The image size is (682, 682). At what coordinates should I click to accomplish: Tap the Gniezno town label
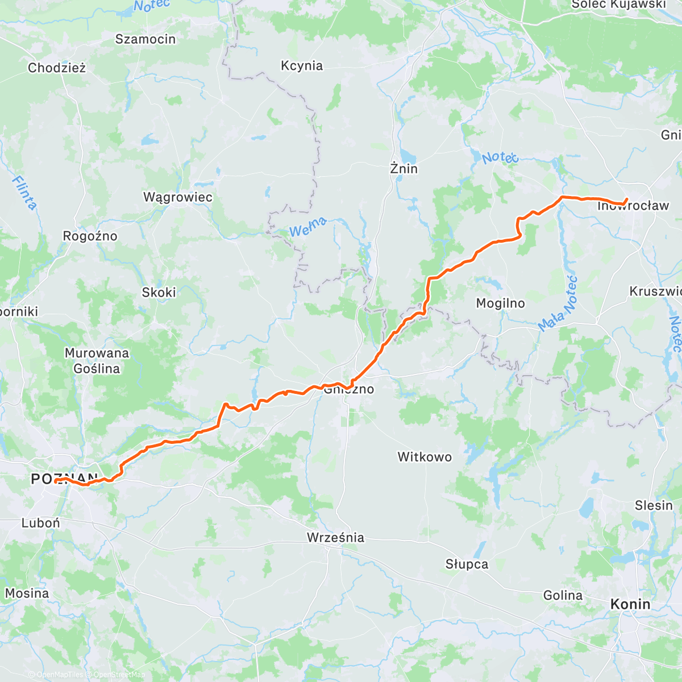pos(348,389)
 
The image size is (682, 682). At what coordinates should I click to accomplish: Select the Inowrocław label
pos(633,206)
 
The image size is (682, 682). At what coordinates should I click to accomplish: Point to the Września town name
pos(335,538)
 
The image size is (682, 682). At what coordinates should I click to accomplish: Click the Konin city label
pos(630,604)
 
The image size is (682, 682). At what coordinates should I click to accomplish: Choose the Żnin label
pos(404,169)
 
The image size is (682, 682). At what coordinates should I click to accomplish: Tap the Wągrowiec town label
pos(178,197)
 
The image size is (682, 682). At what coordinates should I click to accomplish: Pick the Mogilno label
pos(500,303)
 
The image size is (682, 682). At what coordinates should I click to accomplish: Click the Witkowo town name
pos(425,457)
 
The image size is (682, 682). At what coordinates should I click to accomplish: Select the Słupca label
pos(467,564)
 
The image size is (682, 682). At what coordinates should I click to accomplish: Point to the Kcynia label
pos(302,66)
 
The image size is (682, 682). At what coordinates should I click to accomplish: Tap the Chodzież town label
pos(57,68)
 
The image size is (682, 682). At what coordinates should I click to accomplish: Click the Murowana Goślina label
pos(97,361)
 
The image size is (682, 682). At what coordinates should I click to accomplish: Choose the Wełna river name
pos(308,227)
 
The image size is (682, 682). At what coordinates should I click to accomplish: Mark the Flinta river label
pos(24,193)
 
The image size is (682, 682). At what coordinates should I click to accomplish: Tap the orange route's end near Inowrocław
pos(626,199)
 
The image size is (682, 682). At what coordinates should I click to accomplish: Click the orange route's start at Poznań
pos(56,481)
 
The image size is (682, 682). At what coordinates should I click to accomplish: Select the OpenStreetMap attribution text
pos(119,675)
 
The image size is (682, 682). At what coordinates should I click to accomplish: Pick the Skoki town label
pos(159,292)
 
